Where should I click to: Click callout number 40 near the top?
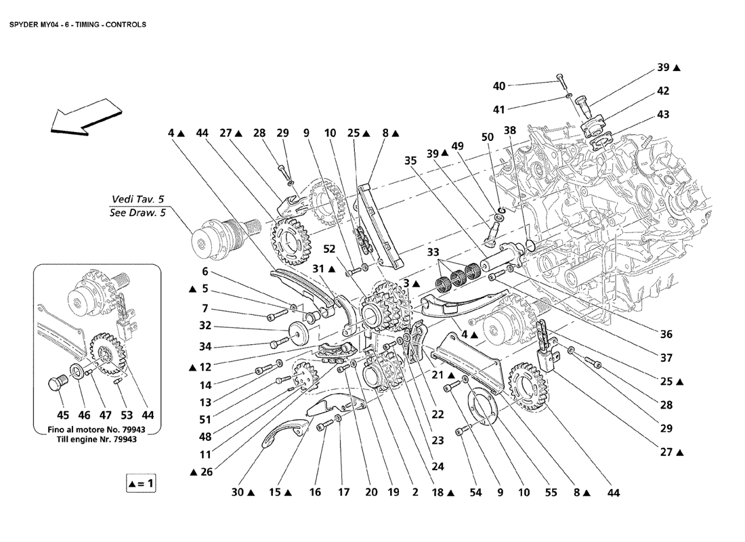[x=499, y=86]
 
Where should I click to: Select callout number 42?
[x=663, y=91]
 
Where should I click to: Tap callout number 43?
[x=663, y=114]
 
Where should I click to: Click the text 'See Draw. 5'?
[x=137, y=213]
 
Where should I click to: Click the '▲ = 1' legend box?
[x=141, y=483]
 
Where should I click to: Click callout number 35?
[x=409, y=161]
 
